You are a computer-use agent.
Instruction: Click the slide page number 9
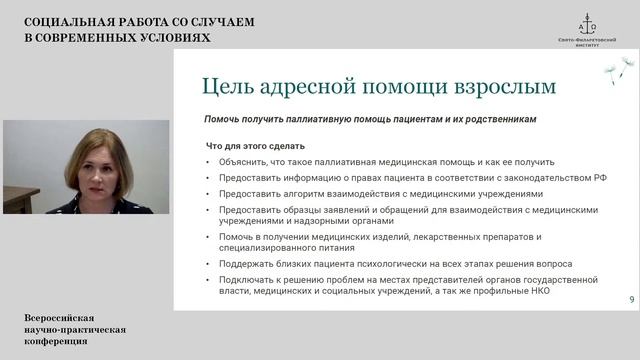(631, 300)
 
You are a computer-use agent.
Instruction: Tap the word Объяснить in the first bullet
(238, 162)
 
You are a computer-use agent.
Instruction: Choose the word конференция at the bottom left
(56, 341)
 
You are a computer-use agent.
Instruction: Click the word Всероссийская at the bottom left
(61, 317)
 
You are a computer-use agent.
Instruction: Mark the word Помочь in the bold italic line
(221, 119)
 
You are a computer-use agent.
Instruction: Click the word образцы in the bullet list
(299, 210)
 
